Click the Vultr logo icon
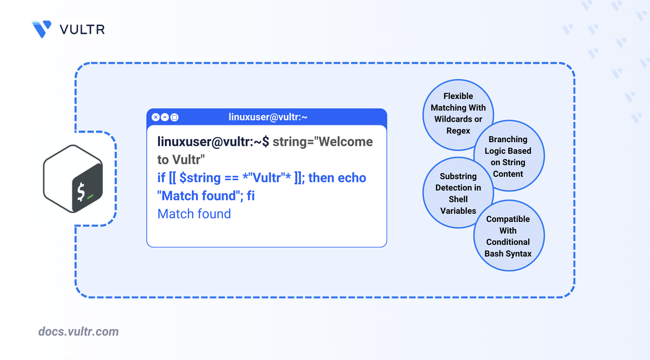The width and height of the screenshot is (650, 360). coord(41,29)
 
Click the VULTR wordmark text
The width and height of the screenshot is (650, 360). coord(82,29)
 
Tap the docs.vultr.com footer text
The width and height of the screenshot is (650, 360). coord(78,332)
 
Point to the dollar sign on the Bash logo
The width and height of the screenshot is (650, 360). coord(81,192)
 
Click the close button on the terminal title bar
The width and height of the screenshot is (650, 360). coord(156,117)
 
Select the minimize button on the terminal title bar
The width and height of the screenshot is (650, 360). coord(165,117)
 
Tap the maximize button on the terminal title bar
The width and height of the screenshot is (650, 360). coord(174,117)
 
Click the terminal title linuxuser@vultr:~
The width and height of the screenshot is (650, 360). coord(268,117)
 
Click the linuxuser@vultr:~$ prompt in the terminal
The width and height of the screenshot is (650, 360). coord(213,142)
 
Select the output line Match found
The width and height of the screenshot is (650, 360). coord(194,214)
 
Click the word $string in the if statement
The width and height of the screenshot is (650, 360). coord(200,178)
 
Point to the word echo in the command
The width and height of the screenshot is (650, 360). coord(351,178)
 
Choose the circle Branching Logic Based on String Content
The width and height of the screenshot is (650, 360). coord(508,156)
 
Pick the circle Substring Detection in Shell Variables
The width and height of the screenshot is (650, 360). coord(458,193)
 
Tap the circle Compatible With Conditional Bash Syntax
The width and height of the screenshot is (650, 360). coord(508,236)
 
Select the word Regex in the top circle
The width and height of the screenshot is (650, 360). coord(458,130)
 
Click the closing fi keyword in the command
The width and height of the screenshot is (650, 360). coord(250,195)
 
